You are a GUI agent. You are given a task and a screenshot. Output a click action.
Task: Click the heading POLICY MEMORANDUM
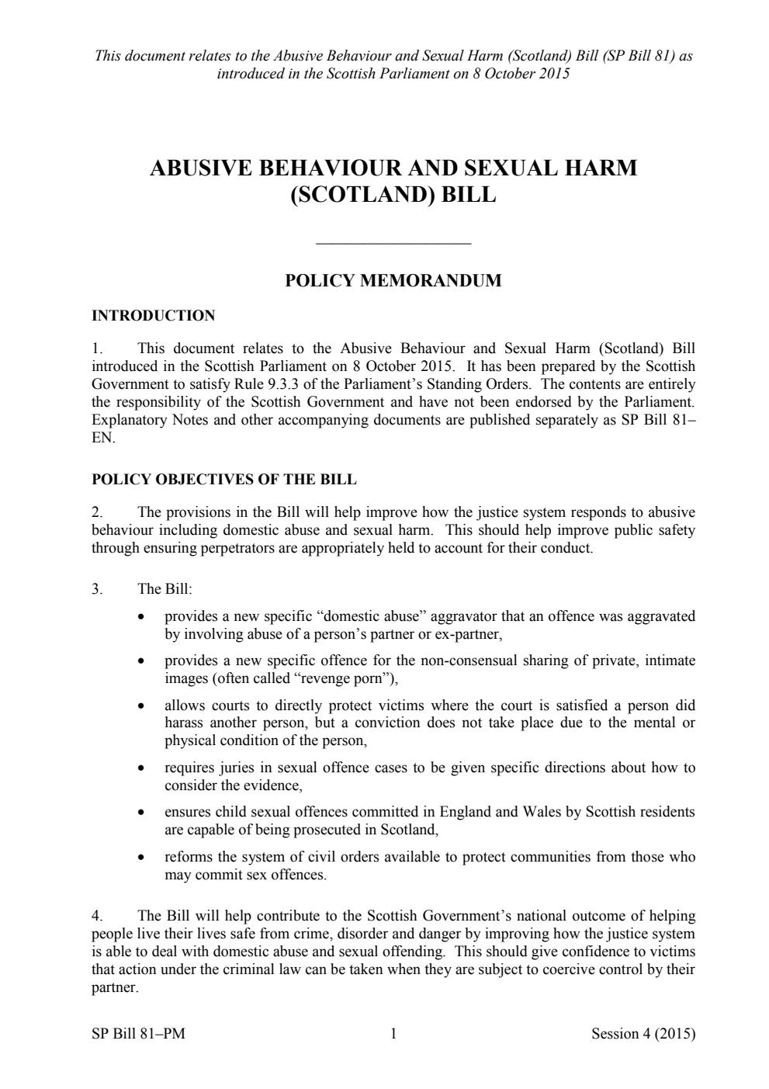tap(393, 281)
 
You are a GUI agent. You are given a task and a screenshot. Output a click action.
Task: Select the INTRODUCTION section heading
tap(153, 316)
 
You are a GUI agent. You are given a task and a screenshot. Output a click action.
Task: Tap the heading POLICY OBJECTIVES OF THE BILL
tap(223, 480)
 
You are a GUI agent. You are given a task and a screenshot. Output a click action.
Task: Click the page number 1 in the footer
tap(393, 1033)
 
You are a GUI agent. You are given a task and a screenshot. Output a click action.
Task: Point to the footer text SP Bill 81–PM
tap(138, 1033)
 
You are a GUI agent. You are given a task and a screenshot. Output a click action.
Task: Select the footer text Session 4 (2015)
tap(643, 1033)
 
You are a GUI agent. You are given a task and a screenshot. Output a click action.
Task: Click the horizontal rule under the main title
tap(393, 245)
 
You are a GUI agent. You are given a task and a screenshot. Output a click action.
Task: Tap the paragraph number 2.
tap(97, 512)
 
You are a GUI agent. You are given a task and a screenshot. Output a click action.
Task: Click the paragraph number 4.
tap(97, 916)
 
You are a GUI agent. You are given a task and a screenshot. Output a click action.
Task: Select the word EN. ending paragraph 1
tap(102, 438)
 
